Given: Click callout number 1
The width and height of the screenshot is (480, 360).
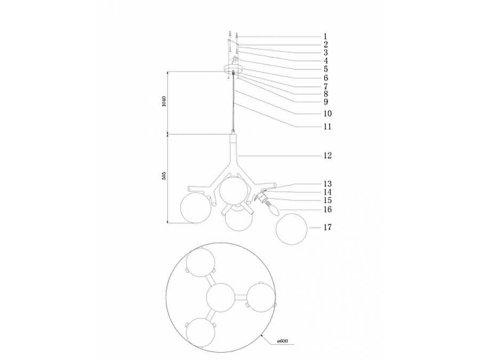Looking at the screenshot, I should (325, 36).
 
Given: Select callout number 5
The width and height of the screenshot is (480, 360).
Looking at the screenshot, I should (325, 69).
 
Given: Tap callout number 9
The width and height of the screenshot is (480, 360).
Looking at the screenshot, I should (325, 101).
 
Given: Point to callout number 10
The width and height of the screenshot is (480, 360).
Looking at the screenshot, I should (327, 114).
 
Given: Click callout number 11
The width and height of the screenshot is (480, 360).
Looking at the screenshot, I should (327, 127).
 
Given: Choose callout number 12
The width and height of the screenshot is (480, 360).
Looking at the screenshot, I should (327, 156).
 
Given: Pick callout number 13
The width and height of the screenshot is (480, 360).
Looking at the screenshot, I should (327, 183).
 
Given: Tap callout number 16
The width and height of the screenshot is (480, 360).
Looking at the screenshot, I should (327, 210).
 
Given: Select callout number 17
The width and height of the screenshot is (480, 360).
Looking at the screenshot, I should (327, 227).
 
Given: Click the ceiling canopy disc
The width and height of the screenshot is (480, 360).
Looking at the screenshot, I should (233, 69).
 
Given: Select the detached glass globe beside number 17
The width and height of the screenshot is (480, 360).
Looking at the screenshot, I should (292, 229).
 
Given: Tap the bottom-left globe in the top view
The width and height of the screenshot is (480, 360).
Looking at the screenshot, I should (200, 333).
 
